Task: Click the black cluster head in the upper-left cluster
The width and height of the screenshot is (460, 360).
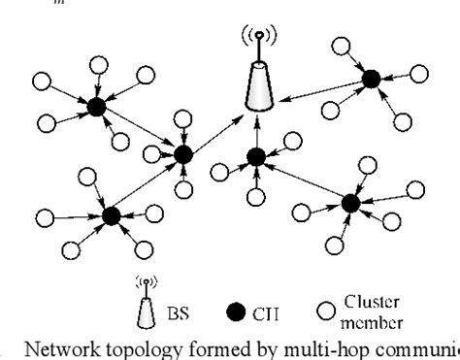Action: coord(97,108)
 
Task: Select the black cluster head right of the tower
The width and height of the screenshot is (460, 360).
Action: coord(368,80)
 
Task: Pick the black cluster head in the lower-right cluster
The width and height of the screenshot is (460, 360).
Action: coord(350,203)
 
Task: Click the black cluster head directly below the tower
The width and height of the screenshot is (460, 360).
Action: coord(256,156)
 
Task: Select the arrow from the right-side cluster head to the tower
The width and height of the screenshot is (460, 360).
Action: coord(316,89)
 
